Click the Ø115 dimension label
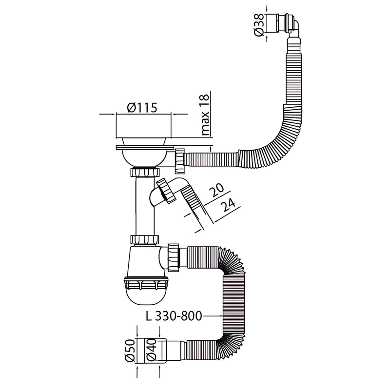pyautogui.click(x=143, y=108)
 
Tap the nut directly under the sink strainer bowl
pyautogui.click(x=145, y=173)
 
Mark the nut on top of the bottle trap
pyautogui.click(x=145, y=240)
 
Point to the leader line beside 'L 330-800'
pyautogui.click(x=212, y=316)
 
